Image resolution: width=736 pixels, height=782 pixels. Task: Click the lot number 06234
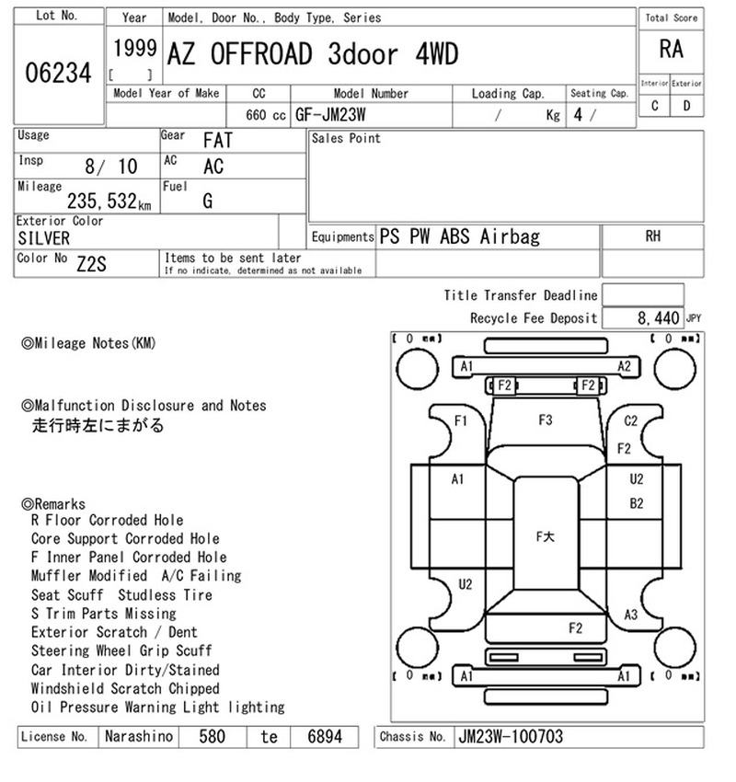point(58,73)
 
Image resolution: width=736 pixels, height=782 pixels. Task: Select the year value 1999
point(134,49)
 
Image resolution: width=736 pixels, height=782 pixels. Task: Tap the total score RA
point(671,50)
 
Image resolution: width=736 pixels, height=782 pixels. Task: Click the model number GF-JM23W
point(330,115)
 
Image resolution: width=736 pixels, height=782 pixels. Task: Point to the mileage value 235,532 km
point(109,201)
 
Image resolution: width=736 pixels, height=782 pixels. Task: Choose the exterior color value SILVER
point(44,238)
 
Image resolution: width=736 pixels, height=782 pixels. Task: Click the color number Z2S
point(91,264)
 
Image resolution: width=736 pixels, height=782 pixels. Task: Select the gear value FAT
point(218,141)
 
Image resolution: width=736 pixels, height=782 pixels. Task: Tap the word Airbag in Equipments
point(510,236)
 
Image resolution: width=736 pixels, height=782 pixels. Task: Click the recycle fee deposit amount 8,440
point(658,317)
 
